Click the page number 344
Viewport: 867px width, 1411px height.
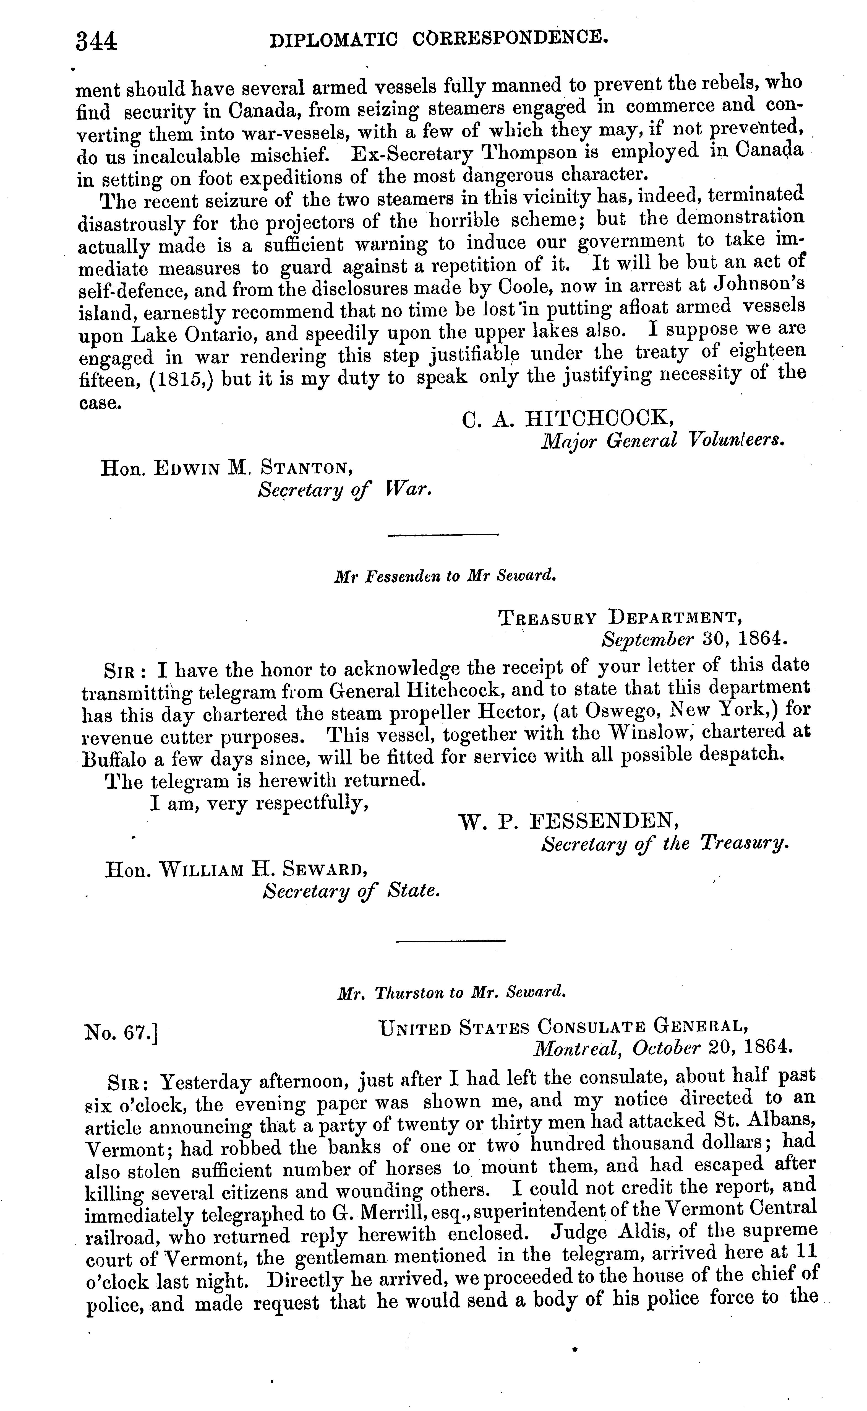coord(96,41)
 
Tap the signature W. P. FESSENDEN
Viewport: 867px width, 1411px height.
coord(570,822)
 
